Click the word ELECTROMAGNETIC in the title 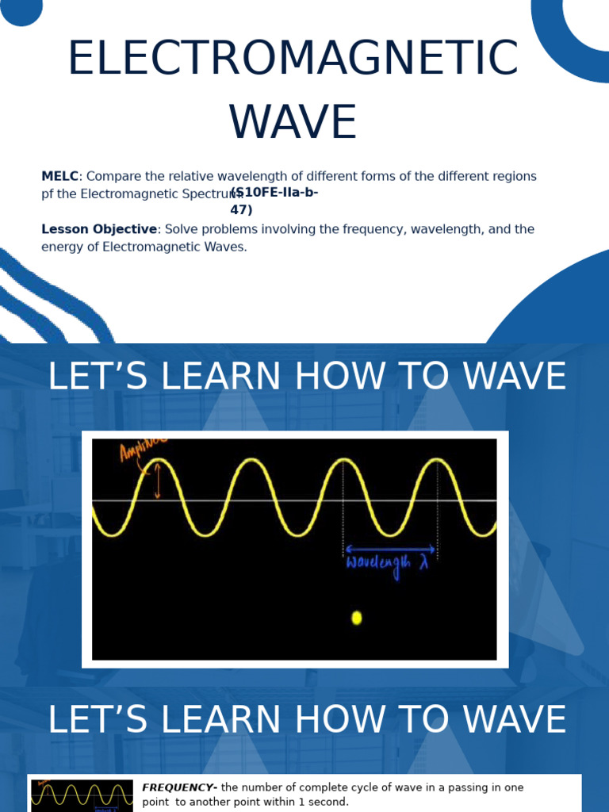coord(293,59)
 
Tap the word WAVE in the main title coord(293,124)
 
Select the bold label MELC coord(59,177)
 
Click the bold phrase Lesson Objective coord(99,229)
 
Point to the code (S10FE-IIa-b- coord(275,193)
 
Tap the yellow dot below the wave coord(357,618)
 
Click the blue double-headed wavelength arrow coord(390,548)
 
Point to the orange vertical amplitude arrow coord(157,481)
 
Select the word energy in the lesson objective coord(62,247)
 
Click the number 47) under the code coord(241,210)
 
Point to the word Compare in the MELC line coord(112,177)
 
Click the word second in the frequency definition coord(326,802)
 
